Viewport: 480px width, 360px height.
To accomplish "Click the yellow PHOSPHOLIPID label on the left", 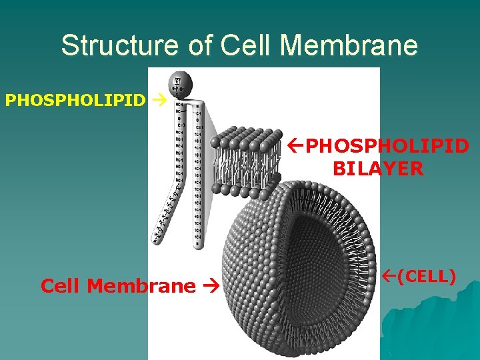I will click(75, 101).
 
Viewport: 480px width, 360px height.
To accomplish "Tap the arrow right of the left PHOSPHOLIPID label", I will click(158, 101).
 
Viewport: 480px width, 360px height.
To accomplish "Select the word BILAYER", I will click(378, 169).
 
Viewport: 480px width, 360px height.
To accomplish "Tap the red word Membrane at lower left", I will click(141, 286).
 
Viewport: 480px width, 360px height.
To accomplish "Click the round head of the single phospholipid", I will click(180, 83).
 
